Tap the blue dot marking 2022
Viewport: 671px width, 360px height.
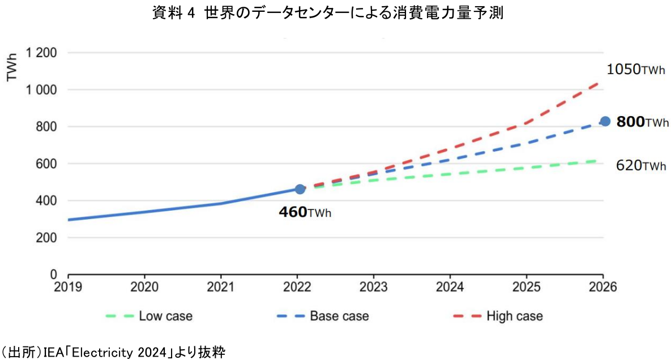(300, 188)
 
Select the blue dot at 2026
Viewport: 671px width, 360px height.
(605, 121)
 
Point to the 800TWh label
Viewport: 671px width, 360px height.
(642, 122)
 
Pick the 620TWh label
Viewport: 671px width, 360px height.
(641, 166)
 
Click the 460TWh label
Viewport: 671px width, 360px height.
(305, 212)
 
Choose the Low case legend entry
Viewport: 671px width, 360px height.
(149, 316)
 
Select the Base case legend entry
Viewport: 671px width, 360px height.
(323, 316)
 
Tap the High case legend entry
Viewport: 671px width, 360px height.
(498, 316)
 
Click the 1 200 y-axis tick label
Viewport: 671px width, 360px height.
(40, 53)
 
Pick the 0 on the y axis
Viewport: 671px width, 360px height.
(54, 275)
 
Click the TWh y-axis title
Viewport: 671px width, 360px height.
(12, 67)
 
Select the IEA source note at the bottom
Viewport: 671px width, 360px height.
(113, 353)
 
